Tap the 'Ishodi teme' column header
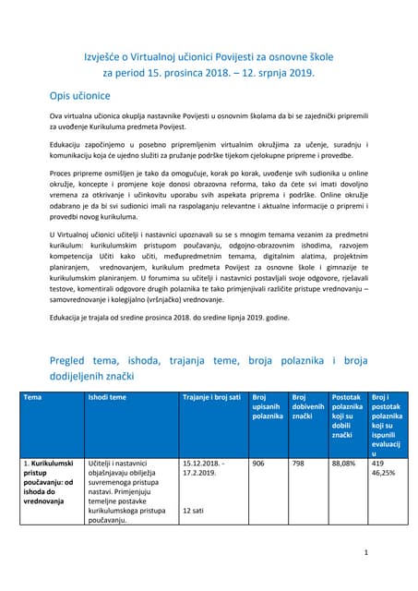[x=109, y=397]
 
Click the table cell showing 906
[x=258, y=464]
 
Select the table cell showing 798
[x=298, y=464]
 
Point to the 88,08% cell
[x=342, y=464]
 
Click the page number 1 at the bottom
[x=365, y=552]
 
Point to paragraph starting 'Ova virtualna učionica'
[x=209, y=124]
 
